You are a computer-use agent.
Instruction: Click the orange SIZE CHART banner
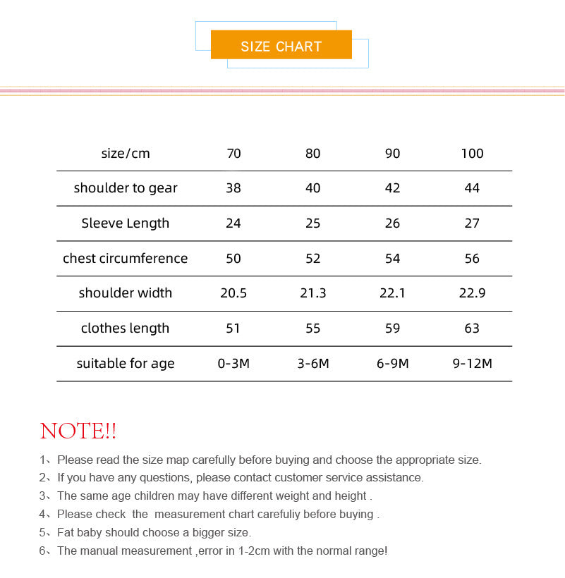coord(281,46)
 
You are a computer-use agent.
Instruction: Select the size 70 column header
coord(233,154)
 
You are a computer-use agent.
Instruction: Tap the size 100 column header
coord(472,154)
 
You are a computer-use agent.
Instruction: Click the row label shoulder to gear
coord(126,188)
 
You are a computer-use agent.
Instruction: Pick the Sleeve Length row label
coord(126,223)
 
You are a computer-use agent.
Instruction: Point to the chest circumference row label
coord(126,259)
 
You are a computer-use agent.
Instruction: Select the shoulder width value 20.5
coord(233,293)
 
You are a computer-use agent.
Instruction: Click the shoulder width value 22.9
coord(472,293)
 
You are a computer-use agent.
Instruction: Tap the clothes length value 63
coord(472,328)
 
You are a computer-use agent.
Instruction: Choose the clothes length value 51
coord(233,328)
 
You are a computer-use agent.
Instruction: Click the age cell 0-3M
coord(233,364)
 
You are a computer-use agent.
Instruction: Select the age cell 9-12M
coord(472,364)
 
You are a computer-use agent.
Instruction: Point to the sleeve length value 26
coord(392,223)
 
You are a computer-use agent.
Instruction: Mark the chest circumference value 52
coord(312,259)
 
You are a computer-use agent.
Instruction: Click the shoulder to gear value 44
coord(472,188)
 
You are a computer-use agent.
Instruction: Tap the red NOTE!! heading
coord(78,431)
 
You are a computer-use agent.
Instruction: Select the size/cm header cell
coord(126,154)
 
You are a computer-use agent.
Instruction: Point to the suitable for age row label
coord(126,364)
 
